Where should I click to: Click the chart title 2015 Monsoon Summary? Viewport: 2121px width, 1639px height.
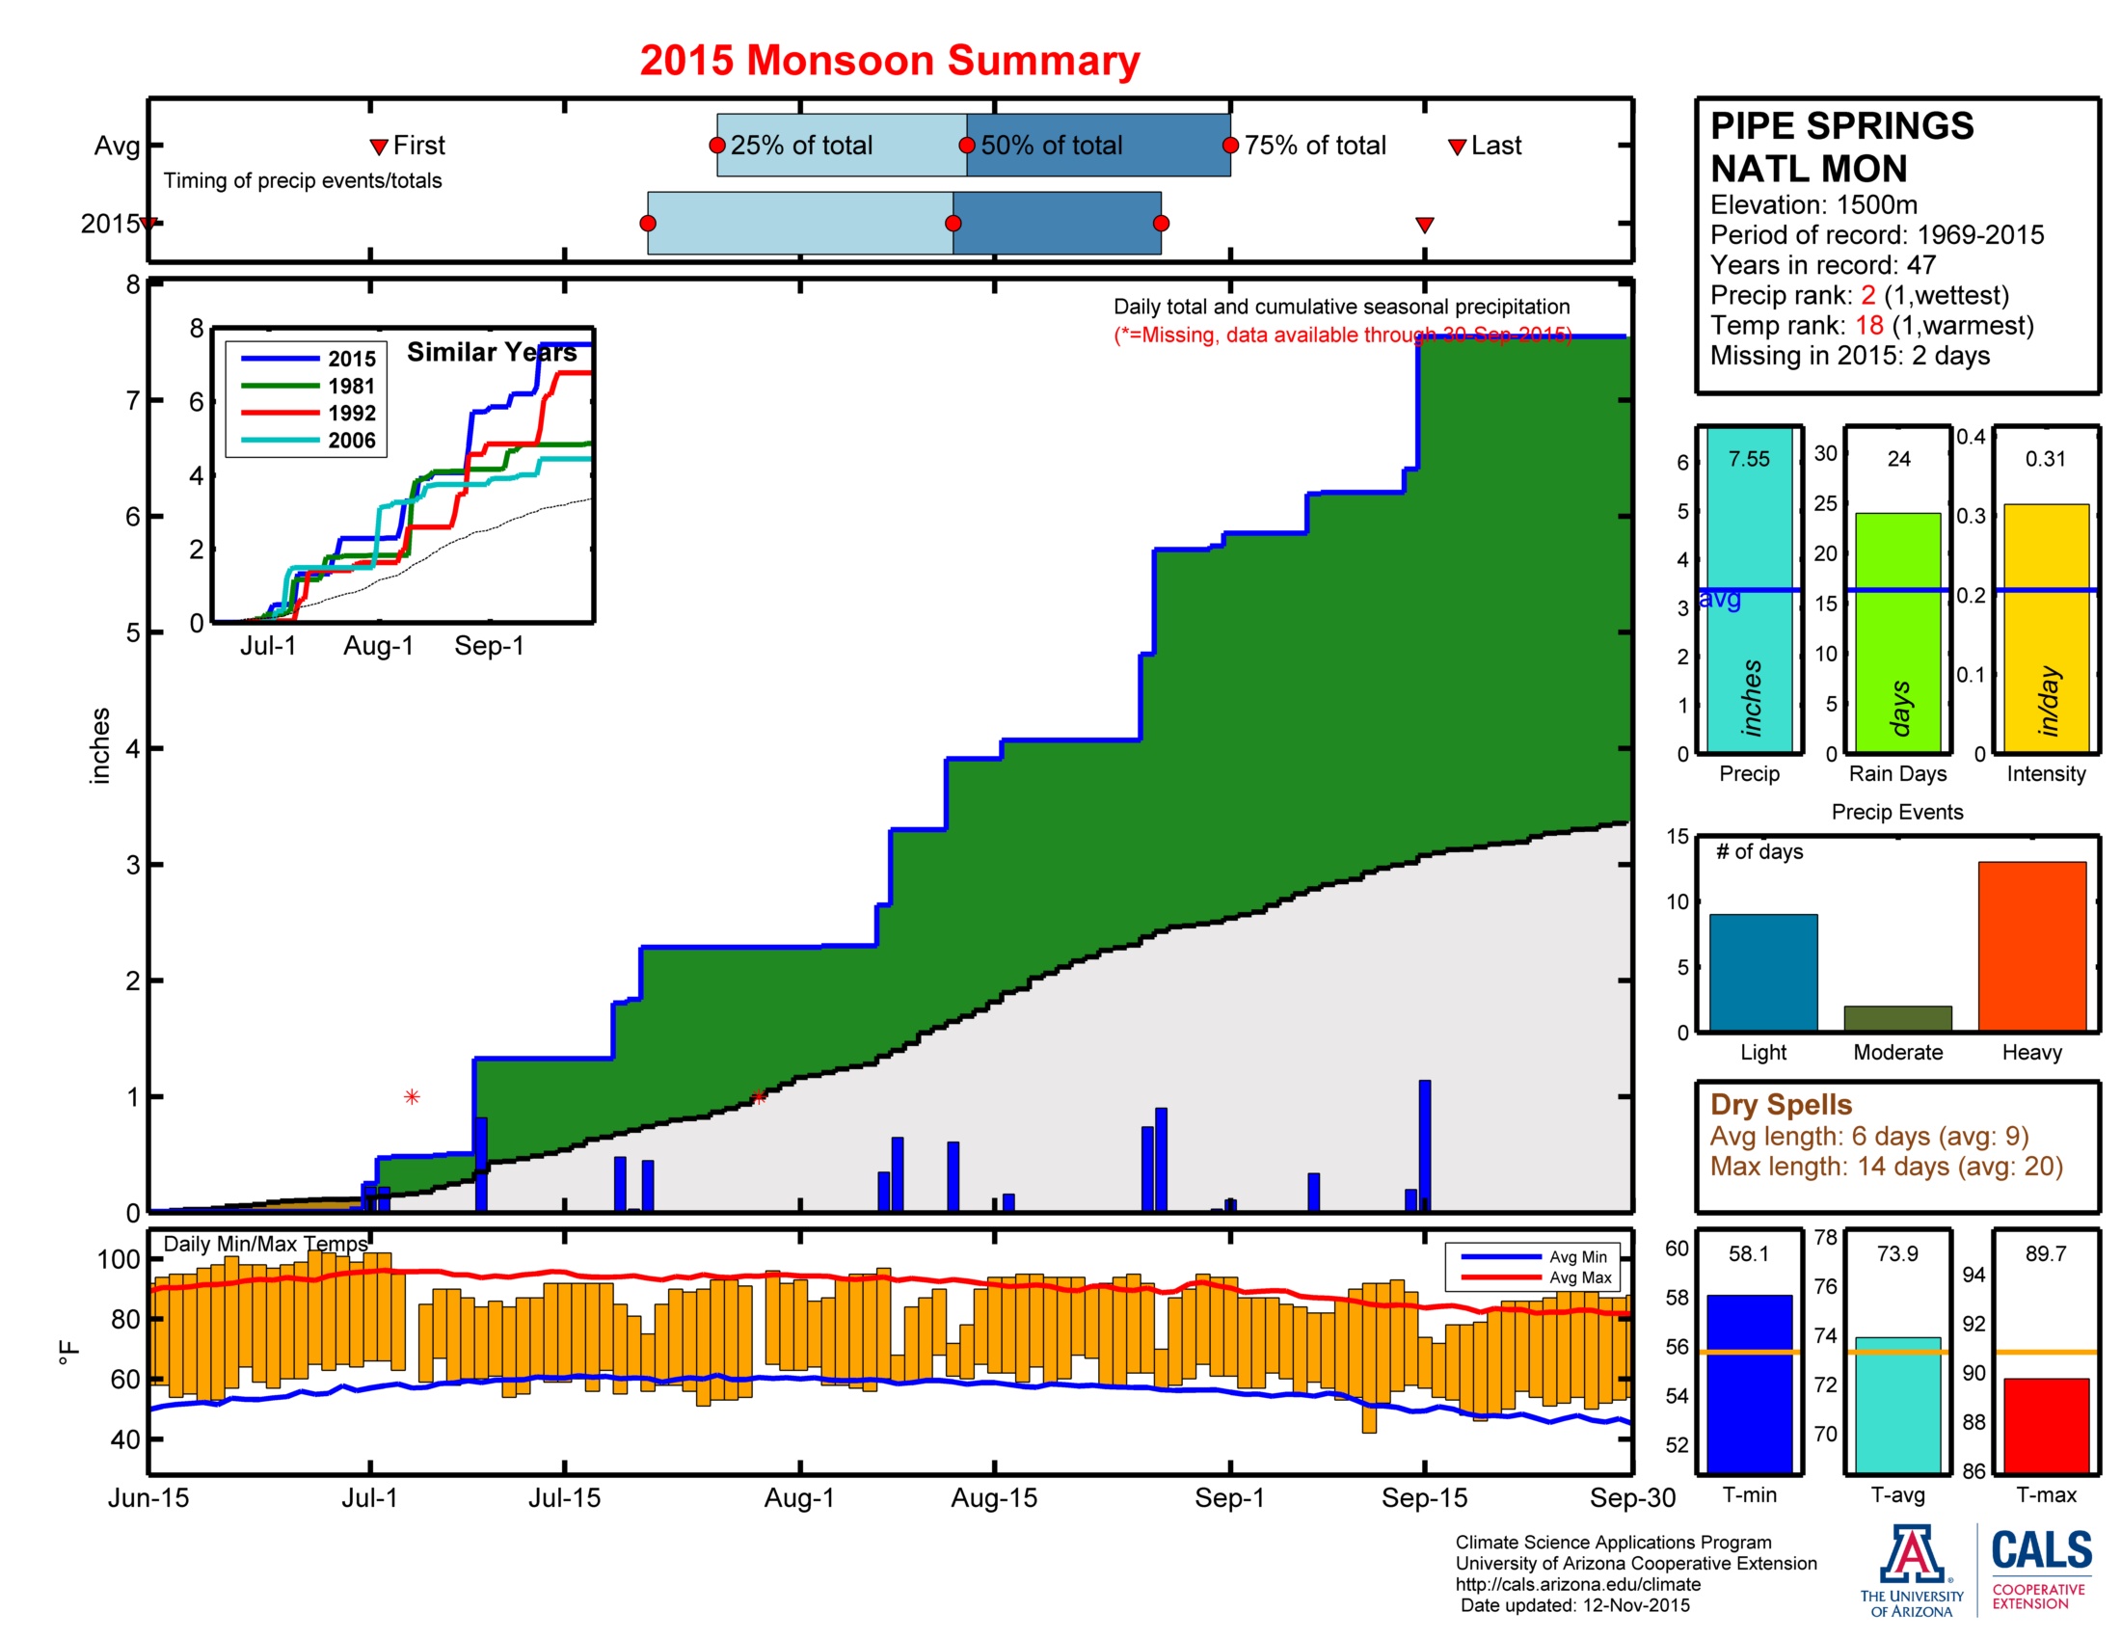pyautogui.click(x=890, y=60)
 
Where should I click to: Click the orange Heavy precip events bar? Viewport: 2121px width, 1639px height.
pyautogui.click(x=2031, y=946)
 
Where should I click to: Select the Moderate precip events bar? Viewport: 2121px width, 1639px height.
pyautogui.click(x=1897, y=1018)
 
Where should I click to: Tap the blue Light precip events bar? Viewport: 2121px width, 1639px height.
pyautogui.click(x=1763, y=972)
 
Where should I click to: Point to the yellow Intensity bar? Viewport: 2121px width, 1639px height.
pyautogui.click(x=2046, y=629)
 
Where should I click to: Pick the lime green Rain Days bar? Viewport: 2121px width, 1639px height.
pyautogui.click(x=1897, y=633)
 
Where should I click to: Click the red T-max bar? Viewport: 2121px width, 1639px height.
pyautogui.click(x=2046, y=1425)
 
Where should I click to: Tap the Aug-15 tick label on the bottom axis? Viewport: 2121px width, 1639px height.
pyautogui.click(x=993, y=1497)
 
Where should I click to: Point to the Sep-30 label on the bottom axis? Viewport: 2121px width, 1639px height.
pyautogui.click(x=1632, y=1497)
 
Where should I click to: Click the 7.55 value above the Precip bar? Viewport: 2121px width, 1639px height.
pyautogui.click(x=1749, y=458)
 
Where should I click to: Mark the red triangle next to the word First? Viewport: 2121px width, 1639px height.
pyautogui.click(x=379, y=148)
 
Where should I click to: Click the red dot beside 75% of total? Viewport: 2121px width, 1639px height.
pyautogui.click(x=1230, y=146)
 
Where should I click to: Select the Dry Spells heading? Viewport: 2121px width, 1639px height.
pyautogui.click(x=1781, y=1105)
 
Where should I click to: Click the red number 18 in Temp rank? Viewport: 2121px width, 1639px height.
pyautogui.click(x=1869, y=325)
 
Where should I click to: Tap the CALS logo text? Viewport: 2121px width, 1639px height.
pyautogui.click(x=2041, y=1549)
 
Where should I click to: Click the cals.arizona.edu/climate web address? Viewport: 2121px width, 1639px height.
pyautogui.click(x=1578, y=1585)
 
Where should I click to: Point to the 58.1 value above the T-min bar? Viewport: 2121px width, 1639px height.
pyautogui.click(x=1749, y=1253)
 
